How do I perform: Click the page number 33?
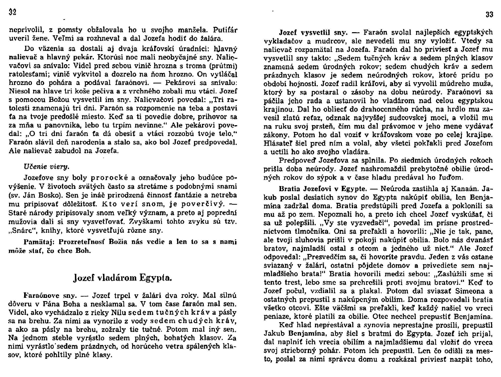[489, 15]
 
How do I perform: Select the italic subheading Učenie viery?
[46, 166]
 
